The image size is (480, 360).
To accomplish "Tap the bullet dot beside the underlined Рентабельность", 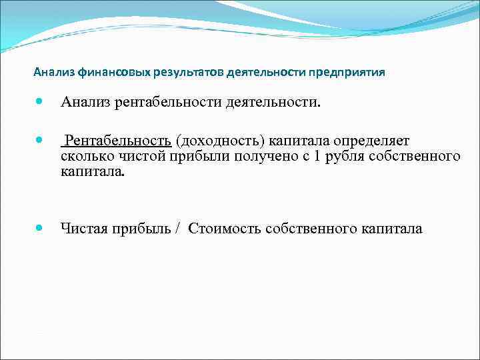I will click(40, 141).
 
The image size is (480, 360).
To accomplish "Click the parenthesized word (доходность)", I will click(223, 141).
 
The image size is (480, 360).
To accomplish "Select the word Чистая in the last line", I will click(83, 229).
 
